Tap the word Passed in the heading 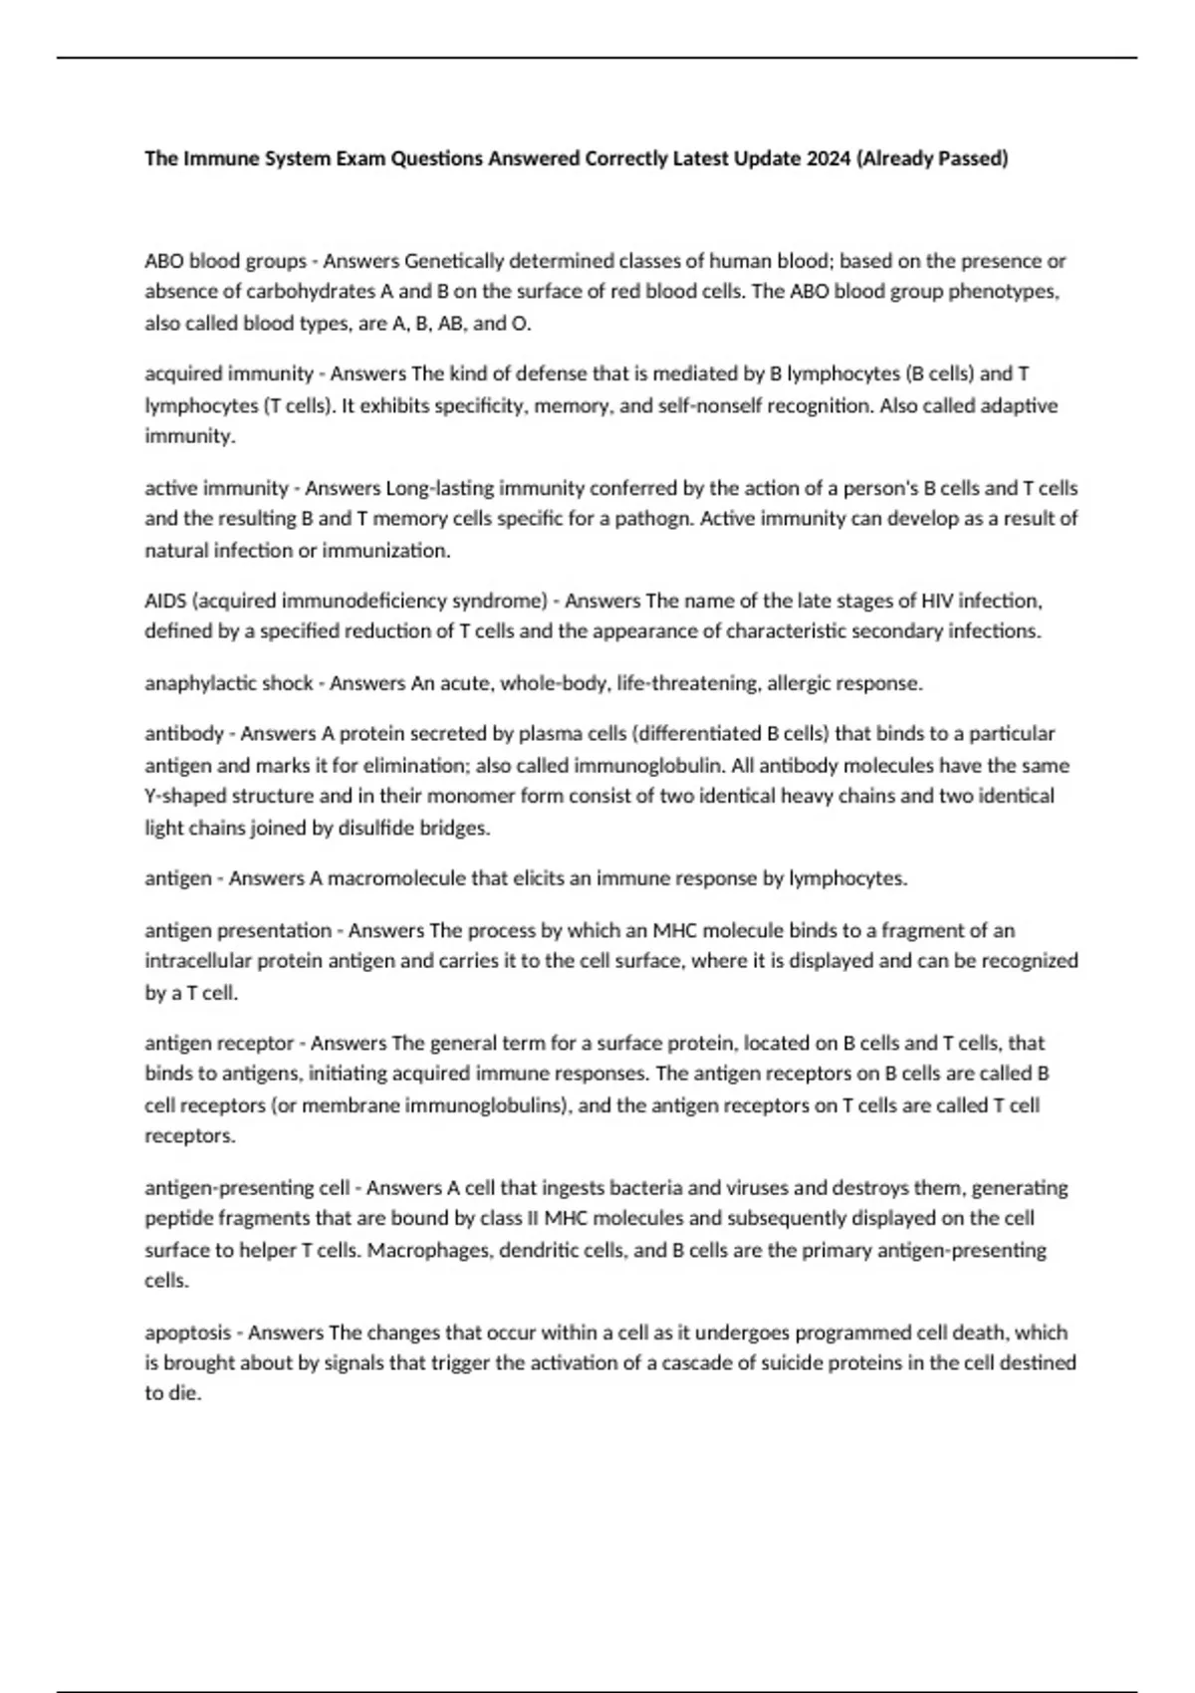point(975,158)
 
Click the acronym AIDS point(164,601)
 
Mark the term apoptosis point(187,1332)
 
